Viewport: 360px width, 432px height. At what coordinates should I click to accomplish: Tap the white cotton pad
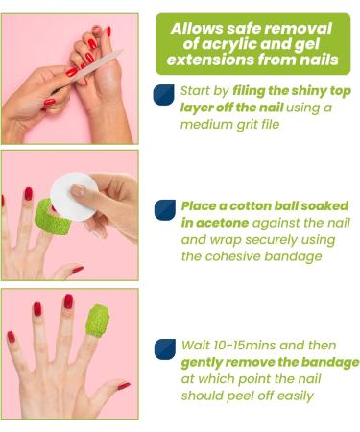tap(74, 197)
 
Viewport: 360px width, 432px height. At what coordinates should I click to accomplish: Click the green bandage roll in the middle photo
tap(51, 217)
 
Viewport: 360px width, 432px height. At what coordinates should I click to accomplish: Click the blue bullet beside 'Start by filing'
tap(164, 95)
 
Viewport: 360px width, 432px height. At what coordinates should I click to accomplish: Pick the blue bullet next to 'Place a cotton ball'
tap(165, 210)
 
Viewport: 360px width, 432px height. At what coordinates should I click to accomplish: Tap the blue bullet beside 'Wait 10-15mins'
tap(165, 349)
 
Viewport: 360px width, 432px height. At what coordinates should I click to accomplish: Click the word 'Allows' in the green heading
tap(197, 29)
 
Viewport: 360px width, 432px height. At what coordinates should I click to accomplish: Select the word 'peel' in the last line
tap(240, 396)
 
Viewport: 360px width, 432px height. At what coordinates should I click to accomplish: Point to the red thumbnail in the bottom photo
tap(124, 386)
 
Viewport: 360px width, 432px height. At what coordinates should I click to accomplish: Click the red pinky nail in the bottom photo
tap(12, 337)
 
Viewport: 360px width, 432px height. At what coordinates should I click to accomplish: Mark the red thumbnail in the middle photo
tap(78, 270)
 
